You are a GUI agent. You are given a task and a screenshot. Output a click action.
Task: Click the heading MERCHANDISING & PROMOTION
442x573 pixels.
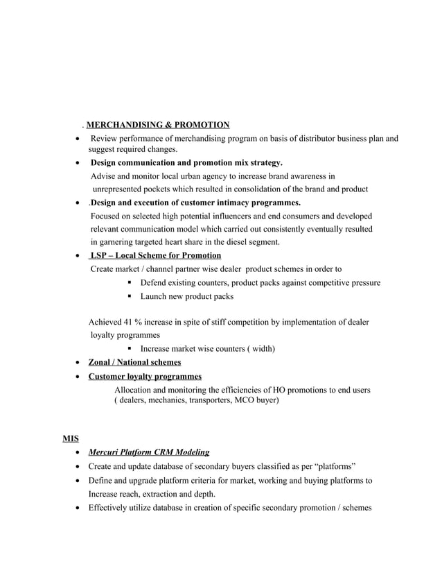(x=158, y=125)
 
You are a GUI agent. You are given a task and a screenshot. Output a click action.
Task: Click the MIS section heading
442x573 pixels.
(x=70, y=438)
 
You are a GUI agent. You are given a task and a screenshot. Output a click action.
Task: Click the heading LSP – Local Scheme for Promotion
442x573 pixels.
(x=156, y=255)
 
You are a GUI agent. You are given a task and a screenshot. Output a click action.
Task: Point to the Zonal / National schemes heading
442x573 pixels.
(x=134, y=362)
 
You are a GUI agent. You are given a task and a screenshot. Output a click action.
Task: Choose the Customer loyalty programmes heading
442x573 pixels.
(x=145, y=376)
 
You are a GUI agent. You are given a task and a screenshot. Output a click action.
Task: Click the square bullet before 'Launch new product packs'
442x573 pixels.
(x=130, y=296)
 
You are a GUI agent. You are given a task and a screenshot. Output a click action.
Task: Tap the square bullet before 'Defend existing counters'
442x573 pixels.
(x=130, y=283)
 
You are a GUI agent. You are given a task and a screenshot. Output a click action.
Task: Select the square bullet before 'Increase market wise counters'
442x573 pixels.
(x=130, y=348)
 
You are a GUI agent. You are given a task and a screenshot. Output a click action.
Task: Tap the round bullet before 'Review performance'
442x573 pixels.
(x=78, y=139)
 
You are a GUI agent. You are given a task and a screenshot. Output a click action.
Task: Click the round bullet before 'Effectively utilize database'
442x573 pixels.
(x=78, y=508)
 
